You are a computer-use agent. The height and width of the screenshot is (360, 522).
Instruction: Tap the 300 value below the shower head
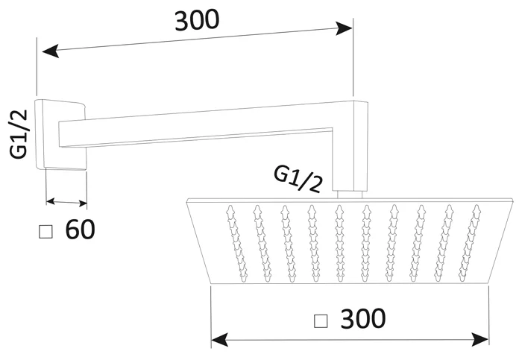[x=362, y=319]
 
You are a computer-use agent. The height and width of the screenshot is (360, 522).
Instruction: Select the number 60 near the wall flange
[x=80, y=230]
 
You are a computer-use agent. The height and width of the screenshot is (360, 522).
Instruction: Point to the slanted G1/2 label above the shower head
[x=298, y=179]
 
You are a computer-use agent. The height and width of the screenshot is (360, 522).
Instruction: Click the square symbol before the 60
[x=46, y=232]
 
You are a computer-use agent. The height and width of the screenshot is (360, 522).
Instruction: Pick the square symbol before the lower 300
[x=321, y=321]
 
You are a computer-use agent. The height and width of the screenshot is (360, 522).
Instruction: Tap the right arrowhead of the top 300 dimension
[x=345, y=29]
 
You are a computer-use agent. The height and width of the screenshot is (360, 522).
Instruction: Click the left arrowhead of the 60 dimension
[x=51, y=200]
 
